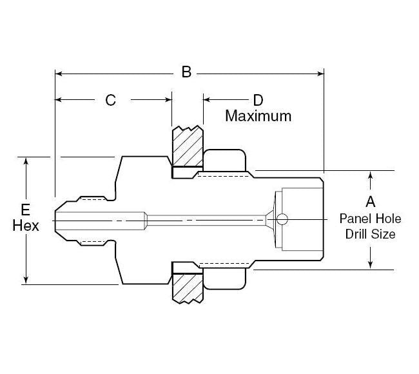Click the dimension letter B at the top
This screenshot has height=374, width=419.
(x=186, y=72)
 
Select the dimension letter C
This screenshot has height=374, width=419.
(x=111, y=100)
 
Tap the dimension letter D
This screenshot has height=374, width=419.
(x=258, y=100)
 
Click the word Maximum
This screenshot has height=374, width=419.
(x=258, y=116)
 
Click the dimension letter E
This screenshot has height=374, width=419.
(x=25, y=210)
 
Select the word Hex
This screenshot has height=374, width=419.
(x=26, y=226)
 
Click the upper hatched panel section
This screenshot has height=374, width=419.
(x=187, y=146)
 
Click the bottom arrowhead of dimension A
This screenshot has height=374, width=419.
(x=370, y=264)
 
